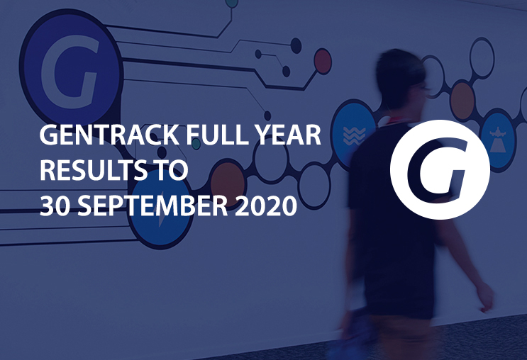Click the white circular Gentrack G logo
[x=440, y=169]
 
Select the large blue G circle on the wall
[x=70, y=65]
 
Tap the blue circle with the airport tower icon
[x=499, y=140]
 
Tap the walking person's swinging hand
[x=485, y=297]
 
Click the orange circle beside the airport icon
[x=462, y=101]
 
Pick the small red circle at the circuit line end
[x=323, y=62]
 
